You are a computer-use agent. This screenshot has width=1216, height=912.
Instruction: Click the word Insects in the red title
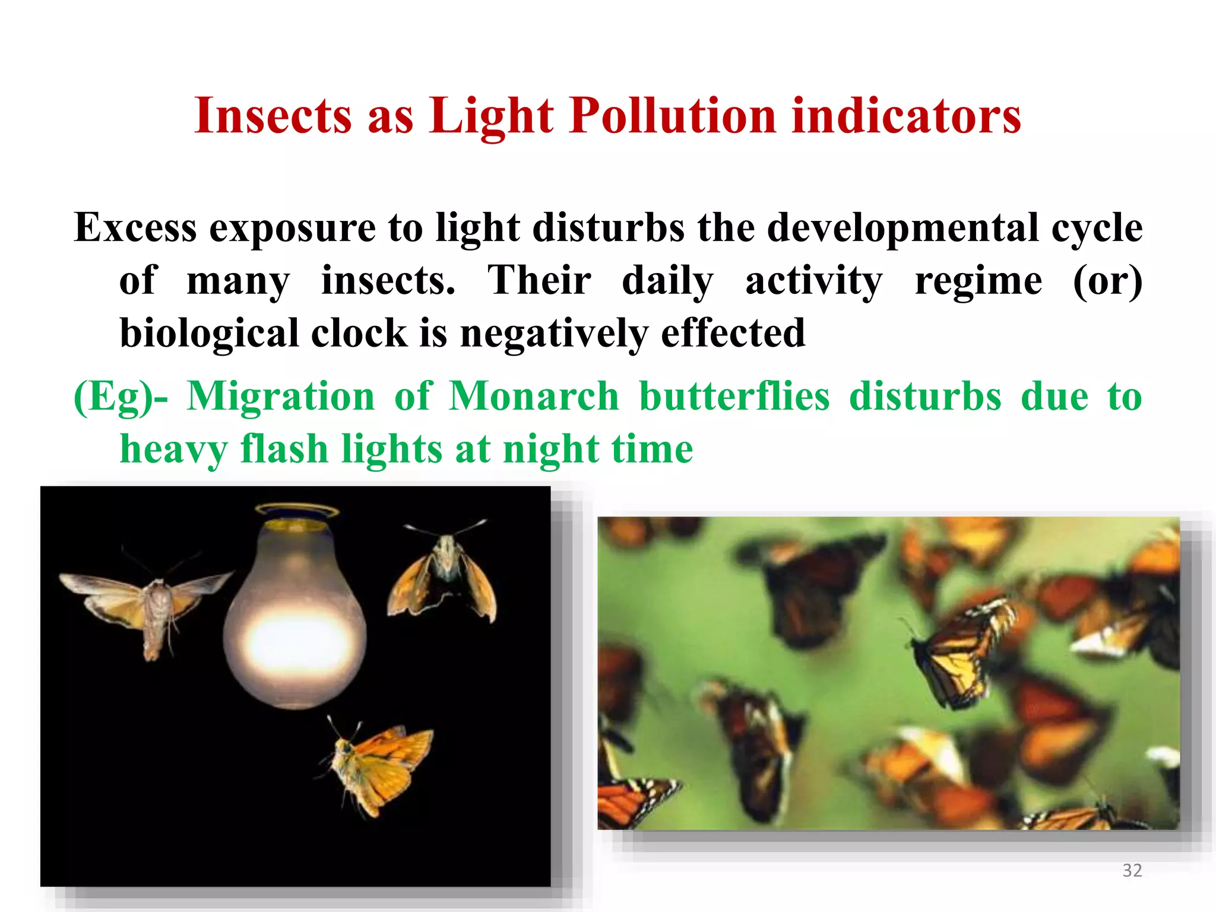273,116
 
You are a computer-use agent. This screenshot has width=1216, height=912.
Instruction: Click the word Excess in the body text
135,228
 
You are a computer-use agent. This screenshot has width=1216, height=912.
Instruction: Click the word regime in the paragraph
978,280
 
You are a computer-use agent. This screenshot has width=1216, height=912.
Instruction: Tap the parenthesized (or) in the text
1107,280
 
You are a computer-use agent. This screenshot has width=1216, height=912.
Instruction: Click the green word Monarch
534,396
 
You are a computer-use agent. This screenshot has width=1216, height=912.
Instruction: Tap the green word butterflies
734,396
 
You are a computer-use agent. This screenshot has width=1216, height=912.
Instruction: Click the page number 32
1132,870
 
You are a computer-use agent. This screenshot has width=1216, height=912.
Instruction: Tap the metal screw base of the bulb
296,517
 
